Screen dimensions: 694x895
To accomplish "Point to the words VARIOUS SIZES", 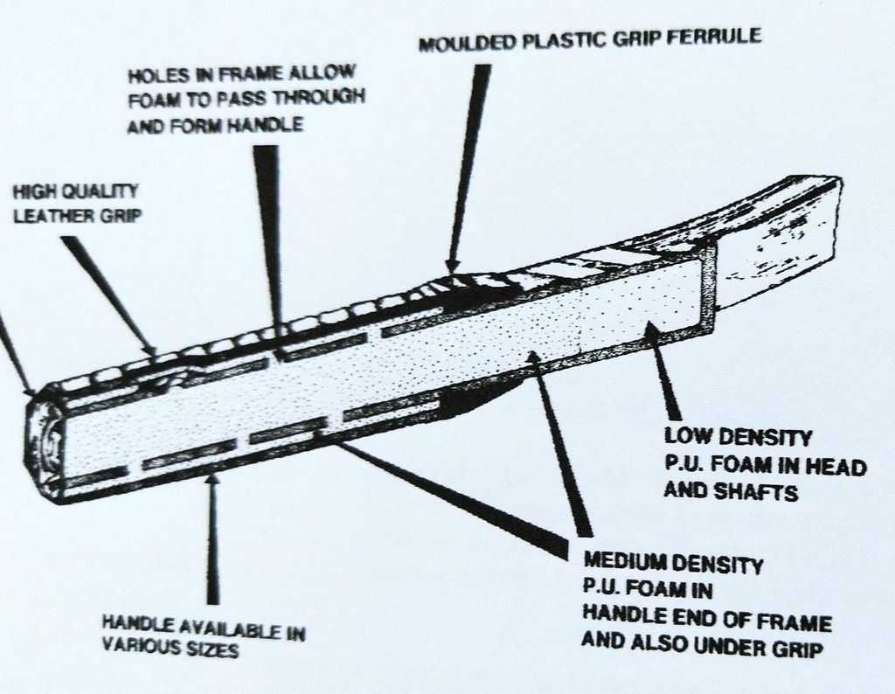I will coord(170,650).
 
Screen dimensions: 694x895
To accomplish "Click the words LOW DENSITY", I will coord(739,437).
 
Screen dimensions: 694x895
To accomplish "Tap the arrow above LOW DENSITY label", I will coord(664,376).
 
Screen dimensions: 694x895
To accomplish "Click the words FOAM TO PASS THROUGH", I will coord(246,99).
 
